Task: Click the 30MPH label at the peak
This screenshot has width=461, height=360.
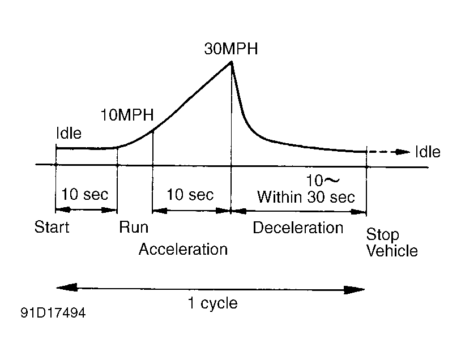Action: (x=231, y=49)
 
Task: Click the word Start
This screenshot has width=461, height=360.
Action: (x=52, y=228)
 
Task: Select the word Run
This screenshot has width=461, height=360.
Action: (x=134, y=228)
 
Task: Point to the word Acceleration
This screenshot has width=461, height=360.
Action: (x=183, y=249)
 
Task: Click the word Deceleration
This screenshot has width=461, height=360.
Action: (x=298, y=228)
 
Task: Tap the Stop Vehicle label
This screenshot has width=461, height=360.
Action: (x=391, y=242)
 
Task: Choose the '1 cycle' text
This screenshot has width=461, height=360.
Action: (x=212, y=303)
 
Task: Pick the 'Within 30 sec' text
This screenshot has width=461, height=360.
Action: (x=306, y=197)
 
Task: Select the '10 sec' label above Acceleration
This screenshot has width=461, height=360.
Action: (x=191, y=195)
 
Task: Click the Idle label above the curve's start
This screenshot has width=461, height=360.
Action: (x=69, y=134)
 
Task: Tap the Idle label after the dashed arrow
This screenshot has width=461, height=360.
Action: (x=428, y=152)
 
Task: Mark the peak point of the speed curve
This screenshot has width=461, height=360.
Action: (x=231, y=61)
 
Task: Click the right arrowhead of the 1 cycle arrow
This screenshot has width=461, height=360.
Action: (x=357, y=290)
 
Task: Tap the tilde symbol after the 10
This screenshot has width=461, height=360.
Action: (x=332, y=181)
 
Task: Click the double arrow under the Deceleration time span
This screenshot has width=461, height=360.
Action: (x=299, y=211)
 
